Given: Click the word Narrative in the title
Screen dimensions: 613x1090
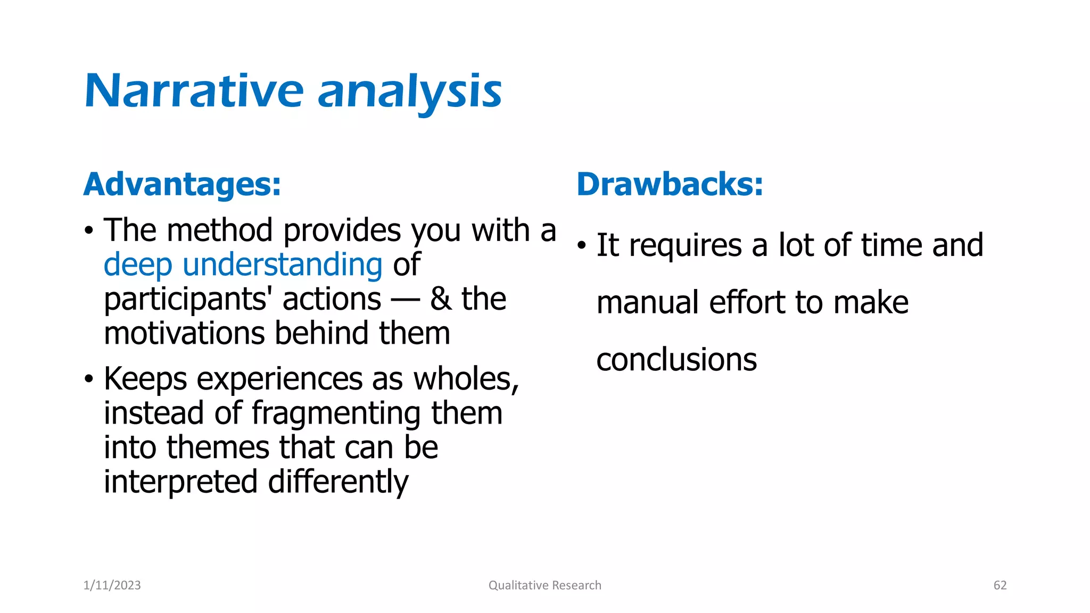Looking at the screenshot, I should click(x=194, y=92).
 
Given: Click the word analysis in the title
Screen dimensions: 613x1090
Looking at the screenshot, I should click(x=409, y=93).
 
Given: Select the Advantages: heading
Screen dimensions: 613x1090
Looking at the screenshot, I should click(x=182, y=185).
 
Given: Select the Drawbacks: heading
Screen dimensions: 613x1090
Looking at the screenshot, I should click(x=670, y=185).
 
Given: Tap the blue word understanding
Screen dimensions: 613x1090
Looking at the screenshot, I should click(x=282, y=265).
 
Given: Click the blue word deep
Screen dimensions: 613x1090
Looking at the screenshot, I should click(x=138, y=265).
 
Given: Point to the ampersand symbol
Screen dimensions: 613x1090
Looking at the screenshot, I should click(x=441, y=299).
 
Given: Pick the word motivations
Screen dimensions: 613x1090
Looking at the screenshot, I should click(x=184, y=334).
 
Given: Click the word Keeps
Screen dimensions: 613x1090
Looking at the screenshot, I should click(x=145, y=379).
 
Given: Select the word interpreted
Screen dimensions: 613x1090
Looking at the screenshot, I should click(x=181, y=482).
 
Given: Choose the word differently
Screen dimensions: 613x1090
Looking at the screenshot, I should click(x=338, y=482).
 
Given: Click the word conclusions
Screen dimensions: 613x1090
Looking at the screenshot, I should click(x=676, y=360).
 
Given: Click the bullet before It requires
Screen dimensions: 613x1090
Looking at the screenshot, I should click(x=582, y=246).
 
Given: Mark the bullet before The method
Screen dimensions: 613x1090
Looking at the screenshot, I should click(x=89, y=231).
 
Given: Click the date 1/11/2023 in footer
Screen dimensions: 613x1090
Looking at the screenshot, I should click(x=112, y=585).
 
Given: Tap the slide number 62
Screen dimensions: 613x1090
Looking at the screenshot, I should click(x=1000, y=585).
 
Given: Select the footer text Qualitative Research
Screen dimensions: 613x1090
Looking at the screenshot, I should click(x=544, y=585).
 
